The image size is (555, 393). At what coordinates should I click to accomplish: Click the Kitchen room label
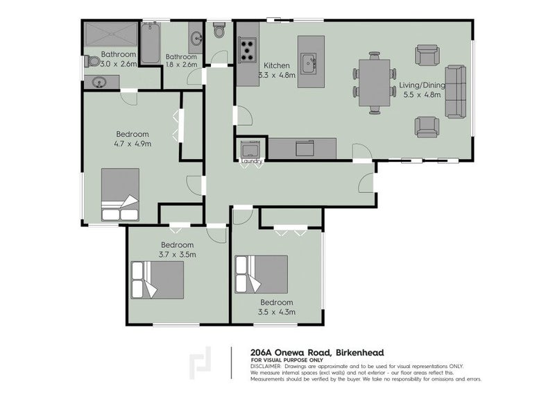click(x=277, y=65)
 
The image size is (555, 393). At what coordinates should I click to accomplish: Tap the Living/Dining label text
click(x=422, y=85)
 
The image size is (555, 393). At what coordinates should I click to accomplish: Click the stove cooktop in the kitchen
click(x=248, y=50)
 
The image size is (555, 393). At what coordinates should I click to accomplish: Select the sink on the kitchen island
click(x=309, y=64)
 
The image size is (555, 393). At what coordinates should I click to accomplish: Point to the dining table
click(x=374, y=83)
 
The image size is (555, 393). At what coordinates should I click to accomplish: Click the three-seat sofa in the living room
click(x=455, y=92)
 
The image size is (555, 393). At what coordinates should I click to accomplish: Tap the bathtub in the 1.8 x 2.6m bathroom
click(x=151, y=43)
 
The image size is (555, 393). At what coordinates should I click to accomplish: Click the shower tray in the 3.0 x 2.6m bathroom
click(x=111, y=34)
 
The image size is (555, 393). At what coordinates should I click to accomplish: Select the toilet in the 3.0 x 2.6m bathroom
click(x=93, y=61)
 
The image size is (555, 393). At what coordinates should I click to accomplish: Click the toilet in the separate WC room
click(x=219, y=30)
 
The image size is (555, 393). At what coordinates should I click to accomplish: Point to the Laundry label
click(x=252, y=161)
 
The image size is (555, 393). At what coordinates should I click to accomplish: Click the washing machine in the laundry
click(x=250, y=149)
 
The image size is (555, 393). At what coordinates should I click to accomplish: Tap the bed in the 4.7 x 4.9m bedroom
click(x=120, y=194)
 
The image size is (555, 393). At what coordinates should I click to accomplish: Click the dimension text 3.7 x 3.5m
click(x=178, y=254)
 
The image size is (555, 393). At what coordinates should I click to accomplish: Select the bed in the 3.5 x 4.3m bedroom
click(x=262, y=275)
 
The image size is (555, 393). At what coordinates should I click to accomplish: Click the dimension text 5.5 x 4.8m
click(x=422, y=94)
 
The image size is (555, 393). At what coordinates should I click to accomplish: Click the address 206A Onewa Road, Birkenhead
click(x=317, y=353)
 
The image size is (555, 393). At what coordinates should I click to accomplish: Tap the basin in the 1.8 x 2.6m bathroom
click(x=196, y=37)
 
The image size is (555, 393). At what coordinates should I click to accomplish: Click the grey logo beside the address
click(x=200, y=363)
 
